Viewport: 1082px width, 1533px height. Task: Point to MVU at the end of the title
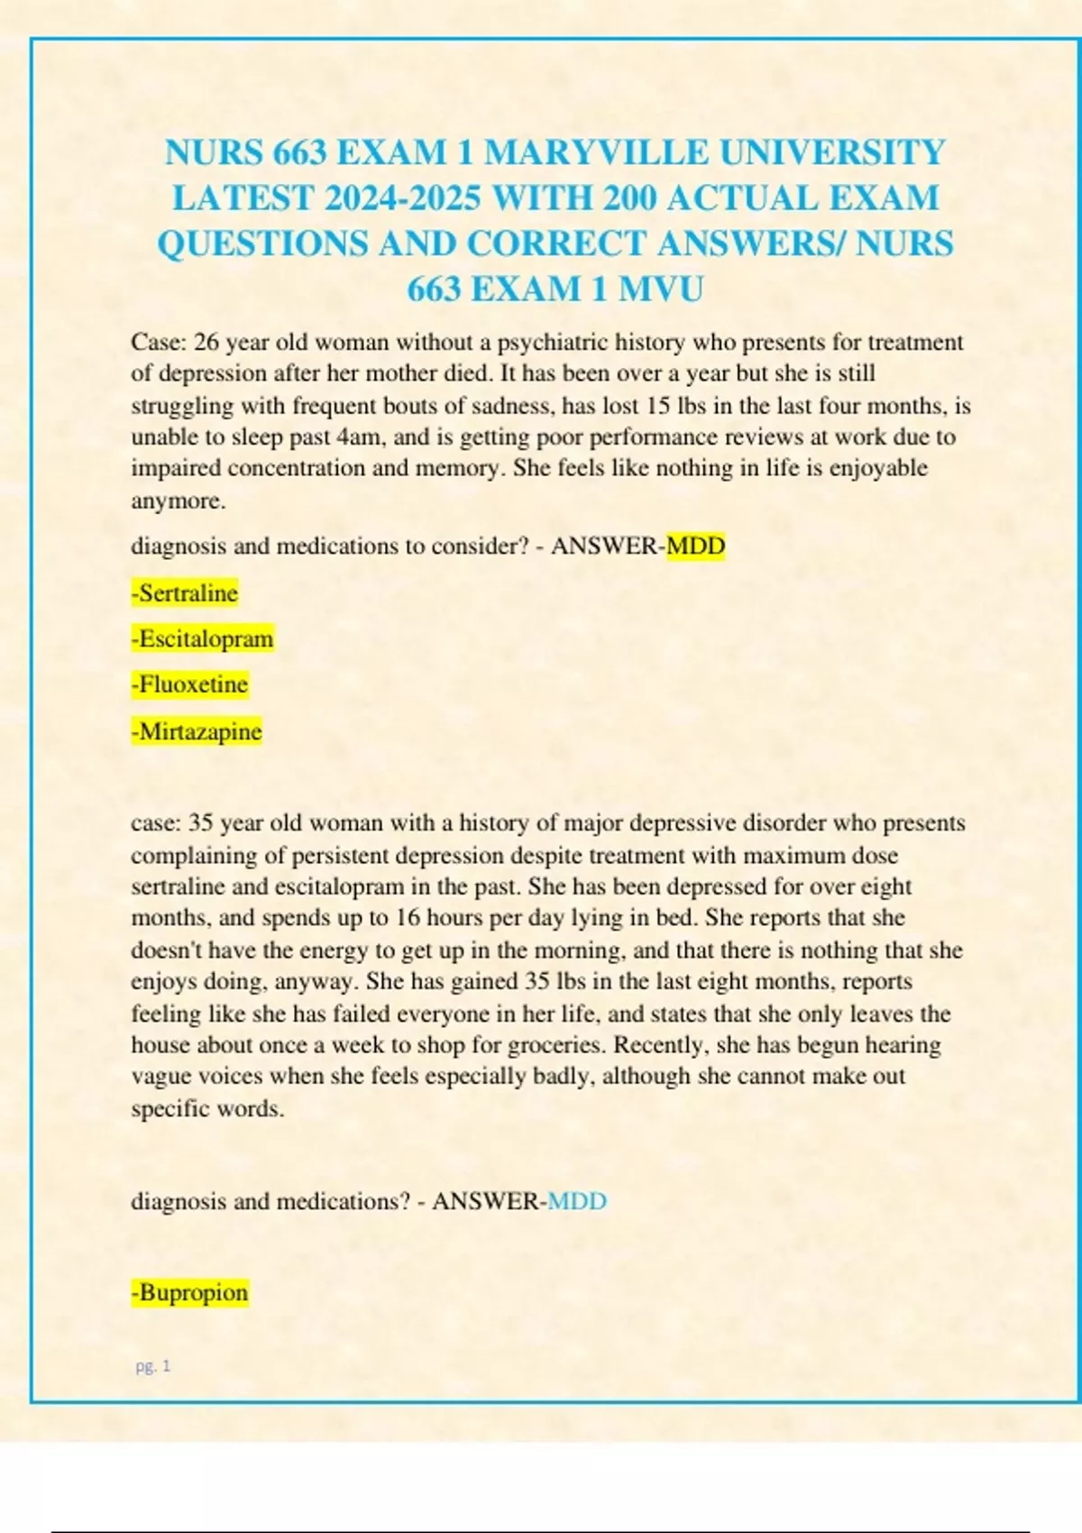[x=660, y=289]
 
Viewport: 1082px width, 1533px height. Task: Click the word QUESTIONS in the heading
[x=262, y=243]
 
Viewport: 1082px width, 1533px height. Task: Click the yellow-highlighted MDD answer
[x=695, y=546]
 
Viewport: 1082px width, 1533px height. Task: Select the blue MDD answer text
[x=577, y=1201]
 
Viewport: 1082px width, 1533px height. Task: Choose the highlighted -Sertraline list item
[x=185, y=592]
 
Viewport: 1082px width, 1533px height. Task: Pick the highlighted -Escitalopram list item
[x=202, y=638]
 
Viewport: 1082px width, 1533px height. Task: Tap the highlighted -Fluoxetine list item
[x=189, y=684]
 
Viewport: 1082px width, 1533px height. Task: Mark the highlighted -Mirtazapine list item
[x=197, y=730]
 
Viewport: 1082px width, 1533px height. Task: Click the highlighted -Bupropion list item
[x=189, y=1292]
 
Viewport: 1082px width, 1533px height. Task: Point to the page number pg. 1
[x=152, y=1366]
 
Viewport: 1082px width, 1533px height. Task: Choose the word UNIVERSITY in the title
[x=831, y=152]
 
